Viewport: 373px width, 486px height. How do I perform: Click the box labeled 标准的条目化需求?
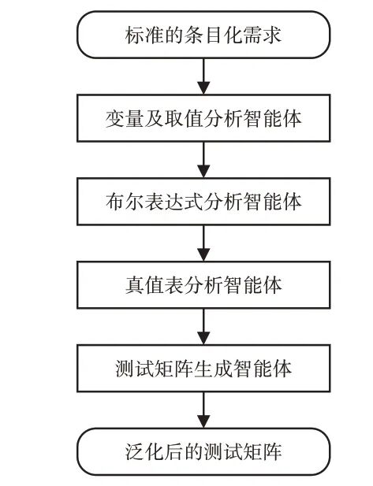tap(203, 35)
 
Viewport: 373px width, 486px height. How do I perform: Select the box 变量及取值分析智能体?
tap(203, 118)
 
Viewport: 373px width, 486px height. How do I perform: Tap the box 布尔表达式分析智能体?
tap(203, 202)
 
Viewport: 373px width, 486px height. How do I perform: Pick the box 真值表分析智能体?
tap(203, 285)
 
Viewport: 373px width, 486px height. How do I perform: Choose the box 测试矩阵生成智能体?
tap(203, 369)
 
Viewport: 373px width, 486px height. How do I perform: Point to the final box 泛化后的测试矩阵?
tap(203, 451)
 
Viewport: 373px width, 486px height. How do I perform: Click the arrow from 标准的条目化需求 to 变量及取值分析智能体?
tap(203, 76)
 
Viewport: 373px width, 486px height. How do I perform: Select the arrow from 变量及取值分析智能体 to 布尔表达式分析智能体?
tap(203, 160)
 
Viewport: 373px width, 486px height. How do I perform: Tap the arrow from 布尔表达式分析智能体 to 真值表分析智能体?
tap(203, 243)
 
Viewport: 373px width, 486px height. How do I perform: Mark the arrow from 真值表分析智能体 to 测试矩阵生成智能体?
tap(203, 327)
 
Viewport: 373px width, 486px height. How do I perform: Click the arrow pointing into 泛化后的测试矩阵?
tap(203, 410)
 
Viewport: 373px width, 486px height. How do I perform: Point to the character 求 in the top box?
tap(272, 35)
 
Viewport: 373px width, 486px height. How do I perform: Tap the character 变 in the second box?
tap(115, 118)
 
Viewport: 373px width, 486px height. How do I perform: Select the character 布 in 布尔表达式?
tap(115, 202)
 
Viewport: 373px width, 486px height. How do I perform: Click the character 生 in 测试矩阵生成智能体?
tap(203, 369)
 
